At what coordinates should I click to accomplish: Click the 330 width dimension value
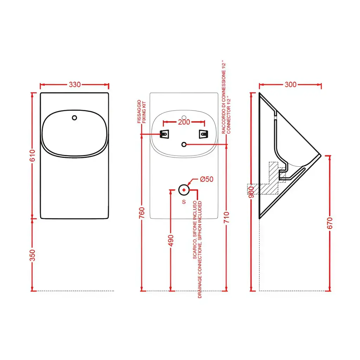click(x=75, y=84)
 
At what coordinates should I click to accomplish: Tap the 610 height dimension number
click(x=32, y=155)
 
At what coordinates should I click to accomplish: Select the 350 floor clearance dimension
click(x=32, y=255)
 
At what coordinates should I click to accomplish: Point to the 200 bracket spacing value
click(x=184, y=122)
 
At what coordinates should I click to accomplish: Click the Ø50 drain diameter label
click(x=207, y=179)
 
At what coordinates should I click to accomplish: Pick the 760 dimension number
click(x=142, y=213)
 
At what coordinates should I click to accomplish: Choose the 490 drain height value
click(x=171, y=240)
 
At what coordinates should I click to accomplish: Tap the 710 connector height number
click(x=227, y=217)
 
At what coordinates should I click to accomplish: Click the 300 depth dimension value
click(x=290, y=84)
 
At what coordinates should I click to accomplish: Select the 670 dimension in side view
click(x=330, y=223)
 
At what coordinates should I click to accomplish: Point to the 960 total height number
click(x=251, y=192)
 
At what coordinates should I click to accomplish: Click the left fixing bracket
click(x=165, y=134)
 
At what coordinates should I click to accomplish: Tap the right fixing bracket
click(x=204, y=134)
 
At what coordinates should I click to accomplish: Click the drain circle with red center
click(x=184, y=190)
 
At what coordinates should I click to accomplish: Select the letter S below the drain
click(x=184, y=202)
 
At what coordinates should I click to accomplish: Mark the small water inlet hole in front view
click(x=75, y=118)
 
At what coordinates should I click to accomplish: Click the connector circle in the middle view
click(x=184, y=144)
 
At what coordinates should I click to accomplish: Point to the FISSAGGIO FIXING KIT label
click(x=142, y=111)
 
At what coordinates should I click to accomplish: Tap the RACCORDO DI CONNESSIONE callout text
click(x=224, y=97)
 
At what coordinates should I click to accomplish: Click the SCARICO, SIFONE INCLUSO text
click(x=195, y=230)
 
